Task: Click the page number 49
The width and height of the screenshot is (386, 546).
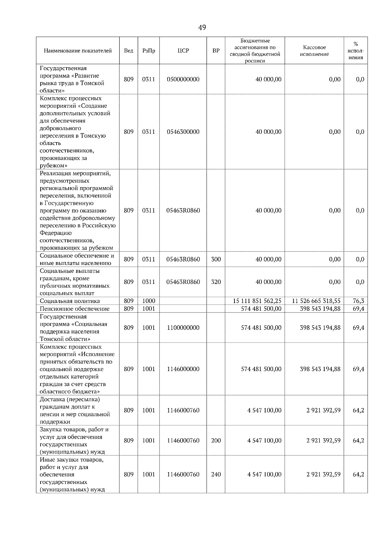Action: click(202, 28)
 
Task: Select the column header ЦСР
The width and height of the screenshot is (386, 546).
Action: click(183, 51)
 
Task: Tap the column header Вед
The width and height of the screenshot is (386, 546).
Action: click(129, 51)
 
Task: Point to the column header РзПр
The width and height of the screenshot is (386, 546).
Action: click(149, 51)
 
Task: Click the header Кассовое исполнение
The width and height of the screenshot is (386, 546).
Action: click(314, 51)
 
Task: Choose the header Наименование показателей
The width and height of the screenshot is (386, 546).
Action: click(78, 51)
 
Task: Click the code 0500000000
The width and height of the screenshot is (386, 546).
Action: click(183, 79)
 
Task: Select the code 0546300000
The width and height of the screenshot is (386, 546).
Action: click(183, 132)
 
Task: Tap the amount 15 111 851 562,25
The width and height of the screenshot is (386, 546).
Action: click(257, 301)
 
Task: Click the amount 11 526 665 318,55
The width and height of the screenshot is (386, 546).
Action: click(316, 301)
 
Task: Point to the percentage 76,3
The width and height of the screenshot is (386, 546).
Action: click(358, 301)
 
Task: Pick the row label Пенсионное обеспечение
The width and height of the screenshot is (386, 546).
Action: click(75, 309)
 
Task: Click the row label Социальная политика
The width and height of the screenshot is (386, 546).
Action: click(70, 301)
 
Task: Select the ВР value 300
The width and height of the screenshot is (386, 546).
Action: click(216, 259)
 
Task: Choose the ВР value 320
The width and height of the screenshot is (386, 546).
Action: click(216, 282)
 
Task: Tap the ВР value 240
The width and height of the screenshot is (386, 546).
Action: click(216, 475)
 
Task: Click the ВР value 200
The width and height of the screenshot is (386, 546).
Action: click(216, 441)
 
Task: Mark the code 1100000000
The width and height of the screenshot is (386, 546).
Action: click(183, 328)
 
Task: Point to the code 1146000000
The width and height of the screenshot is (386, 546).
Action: click(183, 369)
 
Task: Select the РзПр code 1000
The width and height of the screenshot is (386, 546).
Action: click(149, 301)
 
